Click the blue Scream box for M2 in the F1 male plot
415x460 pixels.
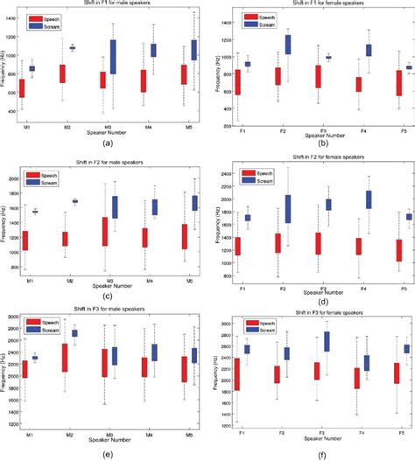coord(73,48)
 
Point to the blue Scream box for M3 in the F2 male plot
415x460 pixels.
coord(113,207)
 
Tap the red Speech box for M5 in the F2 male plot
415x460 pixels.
coord(184,237)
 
